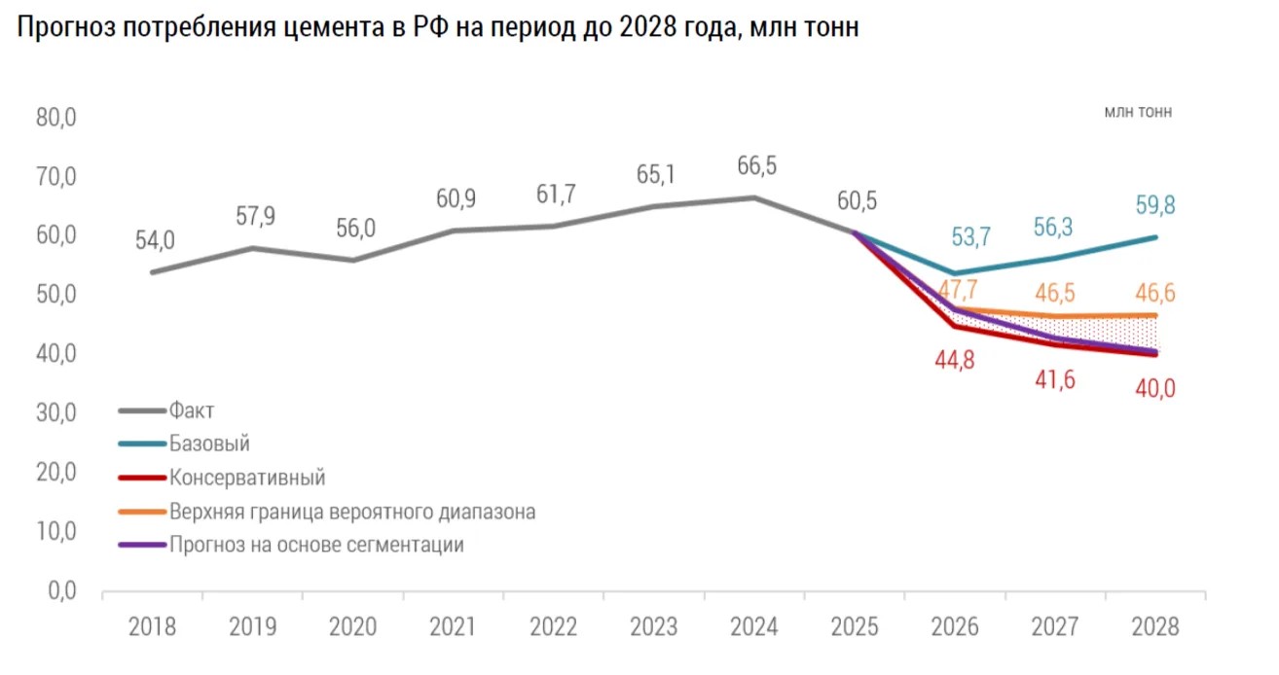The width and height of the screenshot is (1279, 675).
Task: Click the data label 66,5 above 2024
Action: [756, 166]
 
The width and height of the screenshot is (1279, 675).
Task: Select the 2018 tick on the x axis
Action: [153, 626]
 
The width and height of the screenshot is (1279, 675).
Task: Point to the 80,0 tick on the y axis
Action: [55, 118]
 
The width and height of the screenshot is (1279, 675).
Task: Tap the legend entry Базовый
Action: [209, 444]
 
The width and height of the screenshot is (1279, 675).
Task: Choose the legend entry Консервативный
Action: [246, 478]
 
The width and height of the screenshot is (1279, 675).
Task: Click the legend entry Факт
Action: [191, 410]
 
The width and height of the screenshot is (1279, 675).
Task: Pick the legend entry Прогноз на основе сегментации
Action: [315, 545]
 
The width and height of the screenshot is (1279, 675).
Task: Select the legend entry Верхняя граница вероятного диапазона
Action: [351, 512]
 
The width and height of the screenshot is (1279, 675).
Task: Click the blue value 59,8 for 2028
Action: [1156, 206]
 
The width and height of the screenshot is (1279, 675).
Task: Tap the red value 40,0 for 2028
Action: [1156, 389]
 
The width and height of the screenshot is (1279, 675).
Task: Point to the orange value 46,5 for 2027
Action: [1055, 293]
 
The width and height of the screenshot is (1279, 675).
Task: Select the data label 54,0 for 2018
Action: [155, 241]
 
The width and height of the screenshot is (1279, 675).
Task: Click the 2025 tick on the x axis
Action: [856, 626]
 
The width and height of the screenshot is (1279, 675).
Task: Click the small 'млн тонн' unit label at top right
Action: [1138, 112]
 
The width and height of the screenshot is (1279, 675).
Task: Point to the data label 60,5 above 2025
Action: [857, 201]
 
